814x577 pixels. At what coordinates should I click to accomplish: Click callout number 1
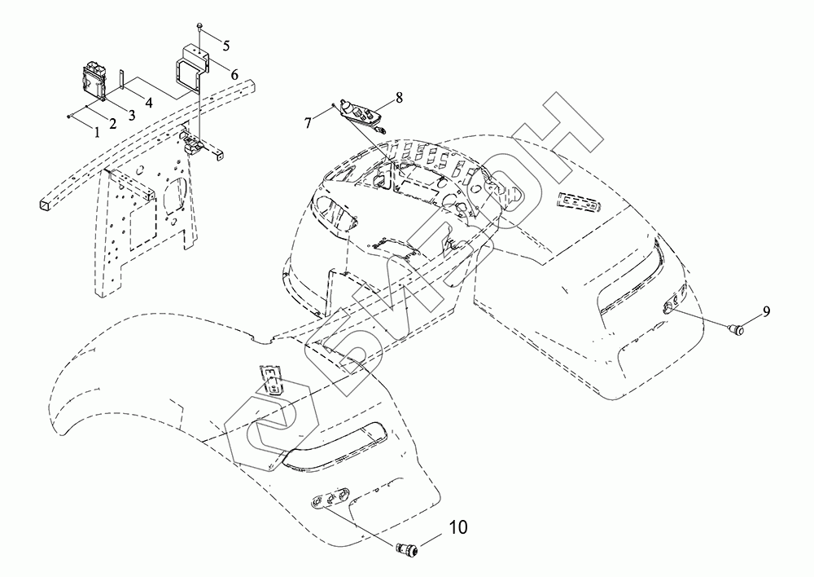point(96,130)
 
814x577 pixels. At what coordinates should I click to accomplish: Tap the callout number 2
point(112,123)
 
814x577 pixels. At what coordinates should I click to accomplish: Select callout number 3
point(130,116)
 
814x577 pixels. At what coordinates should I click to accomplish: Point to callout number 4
point(149,103)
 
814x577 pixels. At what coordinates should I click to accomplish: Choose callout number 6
point(234,74)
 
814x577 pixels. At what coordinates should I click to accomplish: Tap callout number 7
point(307,122)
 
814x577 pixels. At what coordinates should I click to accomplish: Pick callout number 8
point(399,97)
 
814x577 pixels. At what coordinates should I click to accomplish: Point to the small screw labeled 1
point(70,117)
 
